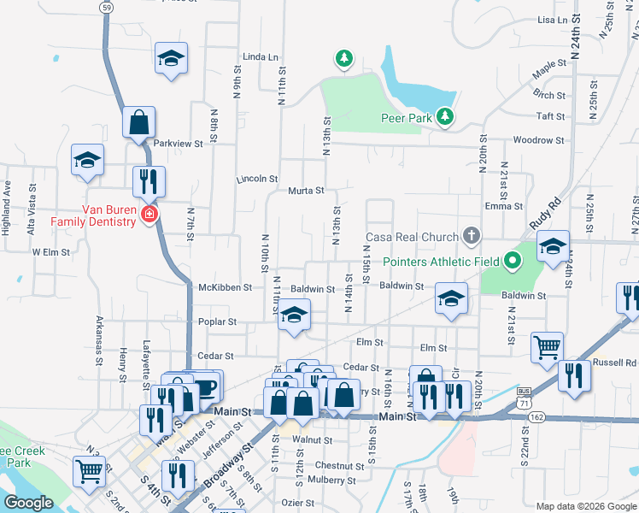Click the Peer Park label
(405, 118)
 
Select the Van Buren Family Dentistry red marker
(149, 214)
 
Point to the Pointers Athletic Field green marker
(512, 259)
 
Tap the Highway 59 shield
(105, 7)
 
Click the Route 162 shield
(536, 416)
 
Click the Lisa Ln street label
(553, 20)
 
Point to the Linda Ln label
(261, 57)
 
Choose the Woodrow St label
(538, 140)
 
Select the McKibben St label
(225, 288)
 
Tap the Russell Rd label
(618, 362)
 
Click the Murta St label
(305, 191)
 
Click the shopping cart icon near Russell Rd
(547, 347)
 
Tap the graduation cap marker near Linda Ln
(171, 58)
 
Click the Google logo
(28, 503)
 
